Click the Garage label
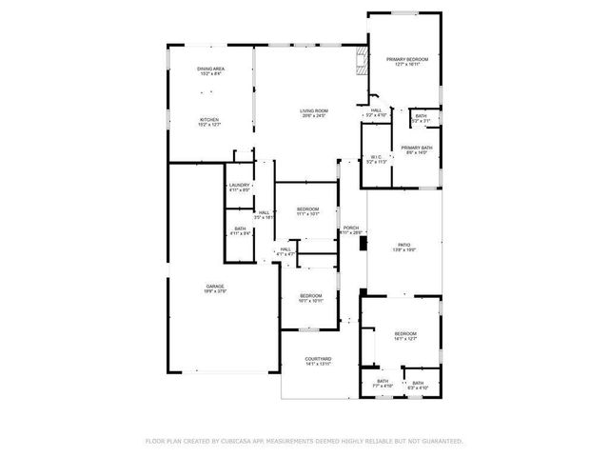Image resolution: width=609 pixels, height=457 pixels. point(216,288)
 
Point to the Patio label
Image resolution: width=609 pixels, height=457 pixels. point(405,246)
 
